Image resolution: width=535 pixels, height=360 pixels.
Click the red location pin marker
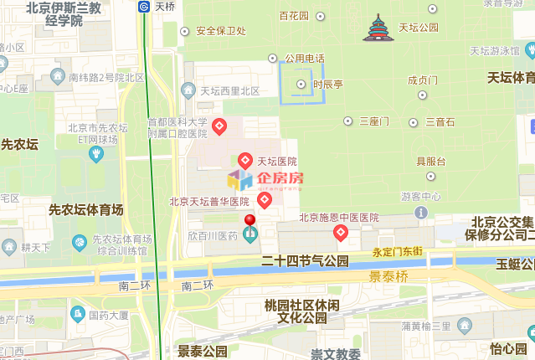[x=249, y=223]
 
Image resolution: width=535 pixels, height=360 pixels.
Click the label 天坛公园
[x=418, y=27]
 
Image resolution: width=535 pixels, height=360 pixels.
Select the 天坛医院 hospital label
[x=276, y=161]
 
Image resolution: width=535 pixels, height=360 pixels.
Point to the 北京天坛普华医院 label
[x=209, y=201]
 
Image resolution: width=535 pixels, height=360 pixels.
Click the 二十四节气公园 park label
[x=305, y=261]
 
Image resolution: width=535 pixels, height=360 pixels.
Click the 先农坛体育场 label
[x=86, y=209]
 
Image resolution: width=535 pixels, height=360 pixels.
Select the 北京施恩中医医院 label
[x=339, y=218]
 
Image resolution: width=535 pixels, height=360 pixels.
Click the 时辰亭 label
[x=327, y=84]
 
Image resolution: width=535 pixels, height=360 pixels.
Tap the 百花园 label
[x=294, y=16]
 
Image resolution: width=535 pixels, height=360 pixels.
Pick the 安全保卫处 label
[x=221, y=32]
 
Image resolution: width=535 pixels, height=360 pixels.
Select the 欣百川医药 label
[x=213, y=236]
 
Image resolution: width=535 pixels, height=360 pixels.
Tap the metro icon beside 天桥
[x=144, y=6]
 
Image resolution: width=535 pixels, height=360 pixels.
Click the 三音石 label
[x=440, y=121]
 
